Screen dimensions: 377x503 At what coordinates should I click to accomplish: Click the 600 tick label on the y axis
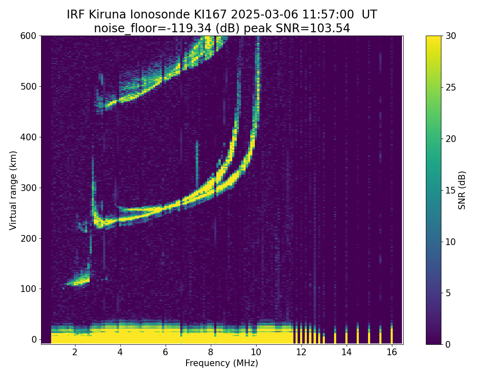tap(28, 36)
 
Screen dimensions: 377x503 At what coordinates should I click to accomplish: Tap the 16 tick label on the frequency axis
tap(392, 352)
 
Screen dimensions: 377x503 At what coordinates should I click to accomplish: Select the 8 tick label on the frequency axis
tap(210, 352)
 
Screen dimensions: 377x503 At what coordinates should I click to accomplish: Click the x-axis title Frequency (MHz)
tap(222, 363)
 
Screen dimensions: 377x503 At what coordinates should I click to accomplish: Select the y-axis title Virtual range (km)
tap(13, 190)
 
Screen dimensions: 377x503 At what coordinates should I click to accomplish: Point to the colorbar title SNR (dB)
tap(462, 190)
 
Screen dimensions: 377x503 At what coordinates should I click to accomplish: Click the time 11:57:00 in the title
tap(330, 15)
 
